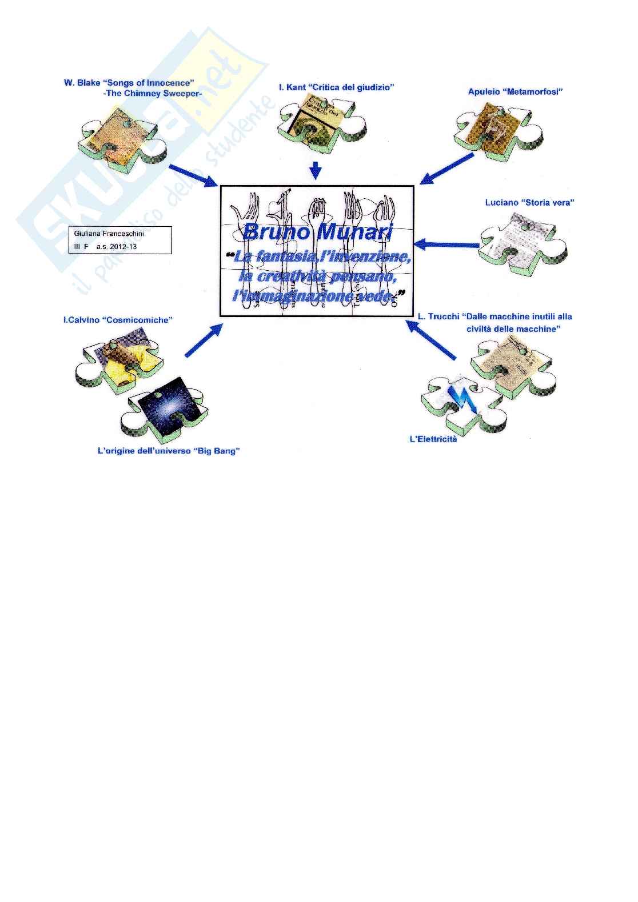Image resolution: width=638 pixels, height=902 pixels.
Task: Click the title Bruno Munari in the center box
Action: pyautogui.click(x=317, y=232)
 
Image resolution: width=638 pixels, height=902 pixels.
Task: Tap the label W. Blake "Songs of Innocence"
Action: pyautogui.click(x=129, y=83)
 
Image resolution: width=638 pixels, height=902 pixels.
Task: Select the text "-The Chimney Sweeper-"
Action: pyautogui.click(x=153, y=93)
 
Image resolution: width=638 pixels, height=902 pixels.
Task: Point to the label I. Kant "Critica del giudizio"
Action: pyautogui.click(x=337, y=87)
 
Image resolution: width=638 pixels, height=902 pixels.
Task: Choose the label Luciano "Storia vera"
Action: pyautogui.click(x=529, y=202)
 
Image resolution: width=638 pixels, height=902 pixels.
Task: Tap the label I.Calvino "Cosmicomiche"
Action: pyautogui.click(x=118, y=320)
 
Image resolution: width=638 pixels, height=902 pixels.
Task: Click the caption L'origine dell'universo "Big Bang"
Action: pyautogui.click(x=169, y=451)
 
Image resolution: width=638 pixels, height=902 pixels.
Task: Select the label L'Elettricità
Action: pyautogui.click(x=433, y=439)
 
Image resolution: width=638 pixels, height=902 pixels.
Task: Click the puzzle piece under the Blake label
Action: pyautogui.click(x=122, y=139)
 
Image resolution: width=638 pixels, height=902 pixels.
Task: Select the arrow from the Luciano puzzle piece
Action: pyautogui.click(x=446, y=245)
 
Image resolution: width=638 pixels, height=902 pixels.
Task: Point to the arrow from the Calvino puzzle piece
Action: pyautogui.click(x=203, y=342)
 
